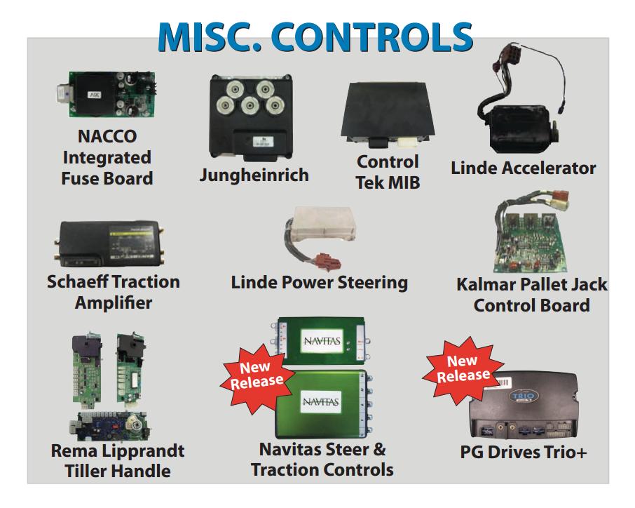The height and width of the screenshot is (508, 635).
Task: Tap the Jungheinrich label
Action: pyautogui.click(x=254, y=175)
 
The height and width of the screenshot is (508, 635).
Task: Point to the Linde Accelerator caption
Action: pyautogui.click(x=524, y=168)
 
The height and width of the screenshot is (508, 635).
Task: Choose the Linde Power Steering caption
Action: pyautogui.click(x=319, y=283)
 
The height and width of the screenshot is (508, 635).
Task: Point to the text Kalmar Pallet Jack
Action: pyautogui.click(x=531, y=286)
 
